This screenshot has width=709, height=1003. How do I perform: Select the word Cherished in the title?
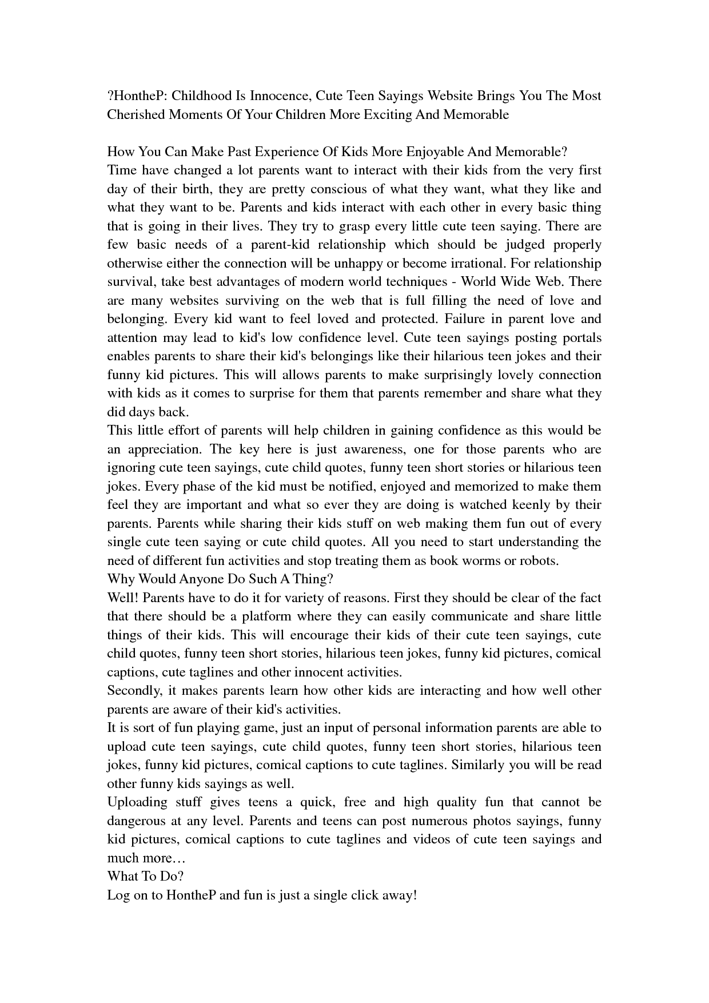point(136,114)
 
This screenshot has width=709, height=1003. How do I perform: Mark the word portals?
point(581,337)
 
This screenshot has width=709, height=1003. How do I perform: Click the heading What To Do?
point(145,877)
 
